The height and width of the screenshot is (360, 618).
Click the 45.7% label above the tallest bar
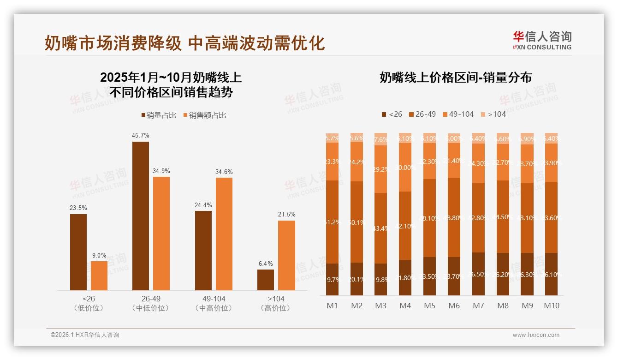coord(141,136)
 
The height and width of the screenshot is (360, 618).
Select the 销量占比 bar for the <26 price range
coord(78,252)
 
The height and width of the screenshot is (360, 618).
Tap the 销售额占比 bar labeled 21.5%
coord(286,255)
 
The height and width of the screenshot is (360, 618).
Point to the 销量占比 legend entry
coord(158,115)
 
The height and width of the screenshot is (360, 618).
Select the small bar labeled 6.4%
coord(266,280)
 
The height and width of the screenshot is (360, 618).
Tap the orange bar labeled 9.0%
coord(99,276)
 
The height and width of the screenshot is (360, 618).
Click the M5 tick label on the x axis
coord(430,306)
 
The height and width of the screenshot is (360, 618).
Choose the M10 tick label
coord(552,306)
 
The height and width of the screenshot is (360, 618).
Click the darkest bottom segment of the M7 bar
coord(479,274)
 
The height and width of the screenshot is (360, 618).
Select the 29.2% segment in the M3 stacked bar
coord(381,169)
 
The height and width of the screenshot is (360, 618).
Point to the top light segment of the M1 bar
coord(332,138)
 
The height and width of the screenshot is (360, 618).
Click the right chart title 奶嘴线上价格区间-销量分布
coord(455,78)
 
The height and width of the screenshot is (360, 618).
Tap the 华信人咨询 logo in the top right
coord(542,40)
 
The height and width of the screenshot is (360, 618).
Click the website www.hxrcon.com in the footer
coord(536,335)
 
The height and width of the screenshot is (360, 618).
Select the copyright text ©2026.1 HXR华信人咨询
coord(85,335)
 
